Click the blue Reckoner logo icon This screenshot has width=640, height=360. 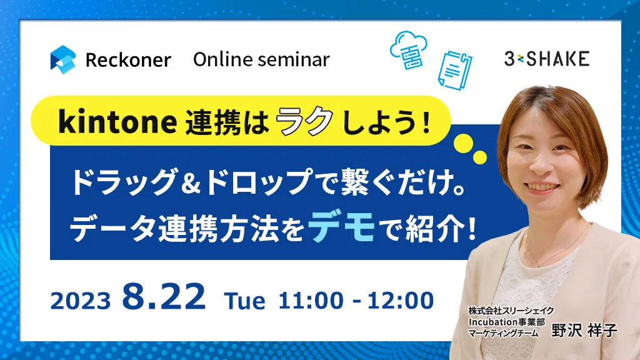click(63, 59)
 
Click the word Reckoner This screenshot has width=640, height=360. click(128, 60)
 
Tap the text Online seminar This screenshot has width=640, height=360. click(261, 59)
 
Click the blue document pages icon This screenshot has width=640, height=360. click(454, 70)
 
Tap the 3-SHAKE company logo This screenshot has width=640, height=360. click(547, 59)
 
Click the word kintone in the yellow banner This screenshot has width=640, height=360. click(117, 121)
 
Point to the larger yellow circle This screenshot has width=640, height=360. click(463, 143)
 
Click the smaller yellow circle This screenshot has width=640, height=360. click(479, 157)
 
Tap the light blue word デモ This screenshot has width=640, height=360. click(342, 227)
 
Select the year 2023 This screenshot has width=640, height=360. click(81, 301)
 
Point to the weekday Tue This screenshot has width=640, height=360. click(244, 301)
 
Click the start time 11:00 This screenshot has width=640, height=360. click(311, 301)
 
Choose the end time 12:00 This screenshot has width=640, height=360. click(401, 301)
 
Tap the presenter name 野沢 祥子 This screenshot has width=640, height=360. click(584, 331)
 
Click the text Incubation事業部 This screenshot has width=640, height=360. click(506, 322)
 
